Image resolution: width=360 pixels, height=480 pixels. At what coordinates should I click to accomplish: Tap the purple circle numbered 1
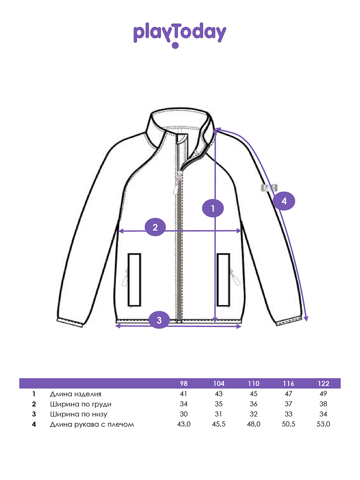coord(213,208)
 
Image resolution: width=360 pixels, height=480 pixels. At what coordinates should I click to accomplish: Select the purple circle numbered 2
coord(156,227)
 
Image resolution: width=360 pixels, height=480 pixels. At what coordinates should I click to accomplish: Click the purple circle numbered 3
coord(159,320)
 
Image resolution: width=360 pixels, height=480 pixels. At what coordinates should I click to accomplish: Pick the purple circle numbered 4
coord(284,201)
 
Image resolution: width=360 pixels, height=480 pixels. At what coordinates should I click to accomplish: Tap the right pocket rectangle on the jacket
coord(223,279)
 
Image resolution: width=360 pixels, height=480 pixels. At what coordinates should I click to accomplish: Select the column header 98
coord(184,384)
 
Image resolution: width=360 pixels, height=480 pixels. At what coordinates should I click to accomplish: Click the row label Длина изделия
coord(76,394)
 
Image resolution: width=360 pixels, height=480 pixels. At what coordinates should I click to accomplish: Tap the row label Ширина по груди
coord(81,404)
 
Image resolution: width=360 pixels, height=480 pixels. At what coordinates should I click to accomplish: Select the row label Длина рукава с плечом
coord(92,424)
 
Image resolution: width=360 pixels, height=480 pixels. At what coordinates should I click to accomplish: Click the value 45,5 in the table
coord(219,424)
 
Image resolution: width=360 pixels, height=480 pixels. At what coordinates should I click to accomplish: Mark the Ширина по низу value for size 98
coord(184,414)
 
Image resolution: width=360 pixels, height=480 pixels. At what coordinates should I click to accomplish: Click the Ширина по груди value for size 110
coord(253,404)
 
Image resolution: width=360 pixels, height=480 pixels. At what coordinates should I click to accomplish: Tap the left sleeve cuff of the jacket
coord(71,322)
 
